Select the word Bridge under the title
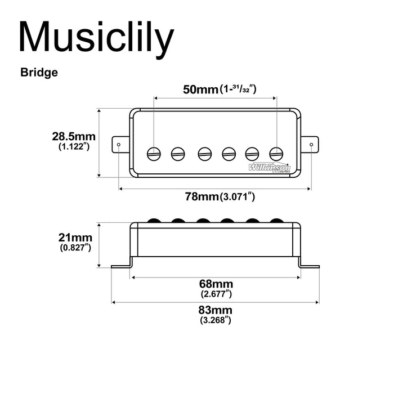(39, 73)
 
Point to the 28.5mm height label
(74, 136)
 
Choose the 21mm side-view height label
(75, 237)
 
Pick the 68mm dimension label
(217, 284)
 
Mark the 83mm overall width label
(216, 311)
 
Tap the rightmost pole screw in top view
(276, 152)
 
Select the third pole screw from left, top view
(203, 152)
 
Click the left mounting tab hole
(119, 145)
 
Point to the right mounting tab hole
(312, 145)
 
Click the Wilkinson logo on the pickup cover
(269, 167)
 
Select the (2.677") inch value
(217, 293)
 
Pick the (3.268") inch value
(216, 320)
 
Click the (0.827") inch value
(75, 247)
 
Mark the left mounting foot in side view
(122, 265)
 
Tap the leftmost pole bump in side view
(153, 219)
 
